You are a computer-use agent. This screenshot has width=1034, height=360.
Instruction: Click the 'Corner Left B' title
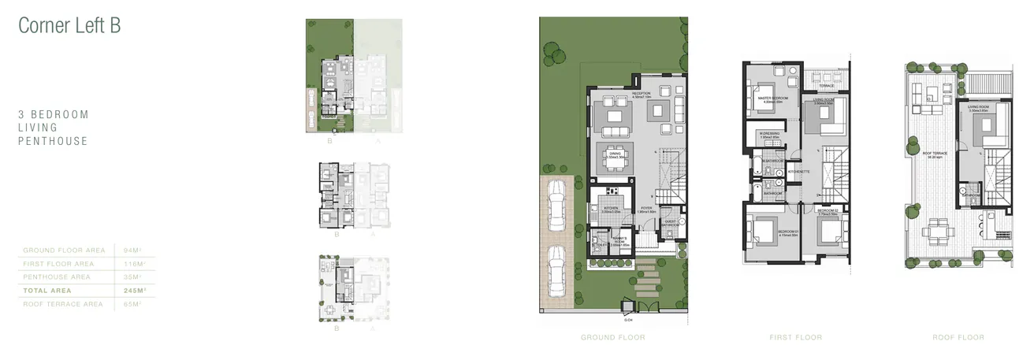tap(69, 25)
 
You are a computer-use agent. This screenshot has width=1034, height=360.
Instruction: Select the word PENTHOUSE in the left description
tap(53, 141)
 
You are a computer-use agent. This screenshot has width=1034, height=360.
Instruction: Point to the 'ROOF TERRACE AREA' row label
tap(63, 304)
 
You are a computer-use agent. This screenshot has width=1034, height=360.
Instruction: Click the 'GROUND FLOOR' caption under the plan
tap(612, 337)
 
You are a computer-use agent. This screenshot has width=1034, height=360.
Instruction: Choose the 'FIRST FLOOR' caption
tap(795, 337)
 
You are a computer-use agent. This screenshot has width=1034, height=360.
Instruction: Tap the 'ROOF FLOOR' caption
tap(958, 337)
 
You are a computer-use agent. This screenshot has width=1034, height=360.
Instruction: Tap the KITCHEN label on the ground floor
tap(612, 209)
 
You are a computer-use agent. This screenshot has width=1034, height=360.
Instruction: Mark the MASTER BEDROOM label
tap(772, 98)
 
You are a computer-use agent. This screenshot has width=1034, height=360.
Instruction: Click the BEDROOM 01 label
tap(789, 232)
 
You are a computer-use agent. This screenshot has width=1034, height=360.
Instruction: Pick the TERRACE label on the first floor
tap(826, 85)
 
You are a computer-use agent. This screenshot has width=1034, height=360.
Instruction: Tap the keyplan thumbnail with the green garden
tap(354, 76)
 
